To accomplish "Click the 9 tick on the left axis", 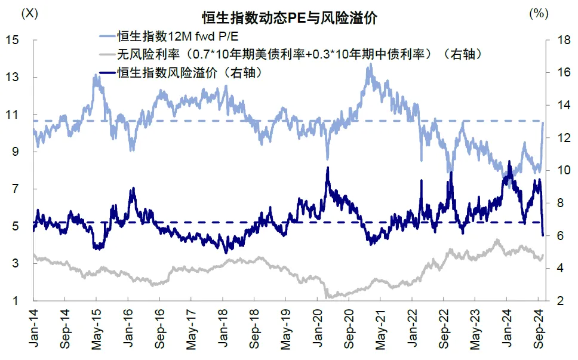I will [16, 152].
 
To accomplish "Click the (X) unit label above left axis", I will [29, 13].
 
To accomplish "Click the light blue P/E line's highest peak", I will [370, 64].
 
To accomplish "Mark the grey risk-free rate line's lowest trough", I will [327, 297].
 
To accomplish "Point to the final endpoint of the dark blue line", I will [543, 235].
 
